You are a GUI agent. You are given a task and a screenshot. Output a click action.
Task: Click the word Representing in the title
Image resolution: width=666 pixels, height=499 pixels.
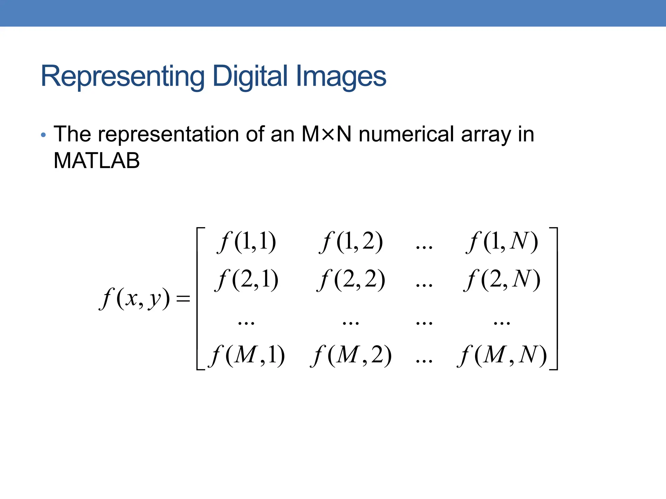pos(123,77)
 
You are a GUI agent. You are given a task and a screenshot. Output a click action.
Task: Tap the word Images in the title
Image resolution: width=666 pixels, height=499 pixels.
pos(341,77)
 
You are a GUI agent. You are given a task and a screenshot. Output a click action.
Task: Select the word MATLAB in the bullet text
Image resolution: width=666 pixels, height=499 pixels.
pos(97,160)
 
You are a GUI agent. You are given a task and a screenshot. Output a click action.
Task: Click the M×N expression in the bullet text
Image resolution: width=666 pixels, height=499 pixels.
pos(326,134)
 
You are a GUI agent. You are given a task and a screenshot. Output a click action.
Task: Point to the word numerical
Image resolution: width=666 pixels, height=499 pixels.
pos(406,134)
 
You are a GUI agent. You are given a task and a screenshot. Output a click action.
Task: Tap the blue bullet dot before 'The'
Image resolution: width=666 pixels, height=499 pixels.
pos(43,135)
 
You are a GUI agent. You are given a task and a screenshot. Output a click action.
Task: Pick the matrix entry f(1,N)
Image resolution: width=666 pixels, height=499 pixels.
pos(502,242)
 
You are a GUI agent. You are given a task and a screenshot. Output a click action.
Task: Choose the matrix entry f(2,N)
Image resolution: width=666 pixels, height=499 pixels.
pos(502,280)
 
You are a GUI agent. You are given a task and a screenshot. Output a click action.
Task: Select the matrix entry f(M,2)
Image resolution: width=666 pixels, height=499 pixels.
pos(351,355)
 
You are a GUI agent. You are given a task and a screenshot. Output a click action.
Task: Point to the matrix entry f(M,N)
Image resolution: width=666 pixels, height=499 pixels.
pos(502,355)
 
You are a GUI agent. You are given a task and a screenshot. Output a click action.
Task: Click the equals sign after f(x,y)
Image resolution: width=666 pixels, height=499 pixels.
pos(183,299)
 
